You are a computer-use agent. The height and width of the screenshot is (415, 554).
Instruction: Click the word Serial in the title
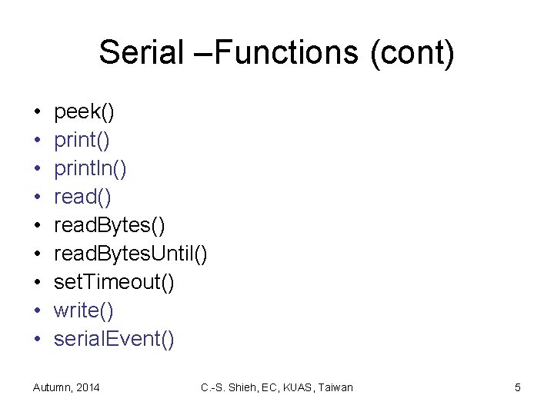point(142,53)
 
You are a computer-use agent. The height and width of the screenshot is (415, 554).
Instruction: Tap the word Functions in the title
point(282,53)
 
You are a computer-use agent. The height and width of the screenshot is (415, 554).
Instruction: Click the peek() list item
point(84,112)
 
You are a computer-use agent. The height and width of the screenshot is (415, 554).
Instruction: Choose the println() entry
point(90,169)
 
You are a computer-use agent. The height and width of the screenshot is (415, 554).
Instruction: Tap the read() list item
point(82,198)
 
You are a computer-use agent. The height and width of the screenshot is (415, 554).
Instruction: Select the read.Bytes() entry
point(108,226)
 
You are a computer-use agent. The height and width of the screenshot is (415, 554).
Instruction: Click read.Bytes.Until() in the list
point(130,254)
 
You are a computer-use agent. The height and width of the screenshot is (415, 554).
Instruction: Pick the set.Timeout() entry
point(114,283)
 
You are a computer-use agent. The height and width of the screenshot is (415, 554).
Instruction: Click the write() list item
point(83,311)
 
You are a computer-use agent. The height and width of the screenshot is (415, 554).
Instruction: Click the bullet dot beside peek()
point(37,113)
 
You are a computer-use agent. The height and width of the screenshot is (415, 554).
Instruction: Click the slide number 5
point(518,387)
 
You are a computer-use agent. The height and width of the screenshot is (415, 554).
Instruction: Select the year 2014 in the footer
point(87,387)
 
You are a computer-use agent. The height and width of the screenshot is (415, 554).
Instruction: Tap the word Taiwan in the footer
point(335,387)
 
